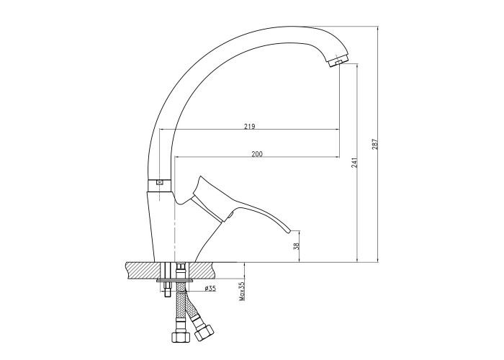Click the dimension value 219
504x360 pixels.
(x=249, y=126)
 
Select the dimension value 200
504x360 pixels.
(x=257, y=154)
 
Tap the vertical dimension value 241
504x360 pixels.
(x=354, y=163)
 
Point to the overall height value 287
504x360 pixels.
(x=374, y=144)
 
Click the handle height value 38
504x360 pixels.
(x=297, y=246)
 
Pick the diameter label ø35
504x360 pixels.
(x=210, y=288)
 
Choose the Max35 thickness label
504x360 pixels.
(x=242, y=292)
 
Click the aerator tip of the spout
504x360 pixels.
(x=336, y=62)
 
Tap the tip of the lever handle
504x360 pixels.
(x=288, y=231)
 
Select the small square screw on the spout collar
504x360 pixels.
(x=160, y=182)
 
